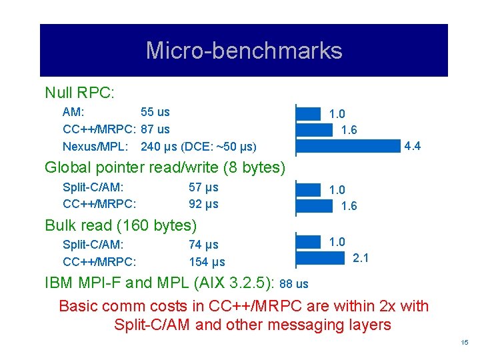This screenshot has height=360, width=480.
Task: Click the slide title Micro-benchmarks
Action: tap(243, 51)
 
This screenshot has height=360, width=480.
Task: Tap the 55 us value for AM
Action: tap(155, 113)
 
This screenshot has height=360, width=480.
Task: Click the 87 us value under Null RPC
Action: tap(155, 129)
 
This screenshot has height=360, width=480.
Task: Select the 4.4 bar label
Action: tap(412, 146)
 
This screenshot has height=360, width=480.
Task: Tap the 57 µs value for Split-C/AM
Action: tap(203, 188)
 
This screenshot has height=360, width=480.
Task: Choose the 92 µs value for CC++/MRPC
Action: tap(203, 204)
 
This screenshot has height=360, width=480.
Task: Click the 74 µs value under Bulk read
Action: tap(203, 245)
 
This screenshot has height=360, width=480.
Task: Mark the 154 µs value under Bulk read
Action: tap(207, 262)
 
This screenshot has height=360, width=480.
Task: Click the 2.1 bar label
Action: tap(360, 258)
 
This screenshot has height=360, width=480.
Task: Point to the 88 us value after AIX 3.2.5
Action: tap(294, 284)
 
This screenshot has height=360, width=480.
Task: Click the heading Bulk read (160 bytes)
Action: tap(121, 225)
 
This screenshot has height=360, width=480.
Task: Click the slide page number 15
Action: tap(465, 343)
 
